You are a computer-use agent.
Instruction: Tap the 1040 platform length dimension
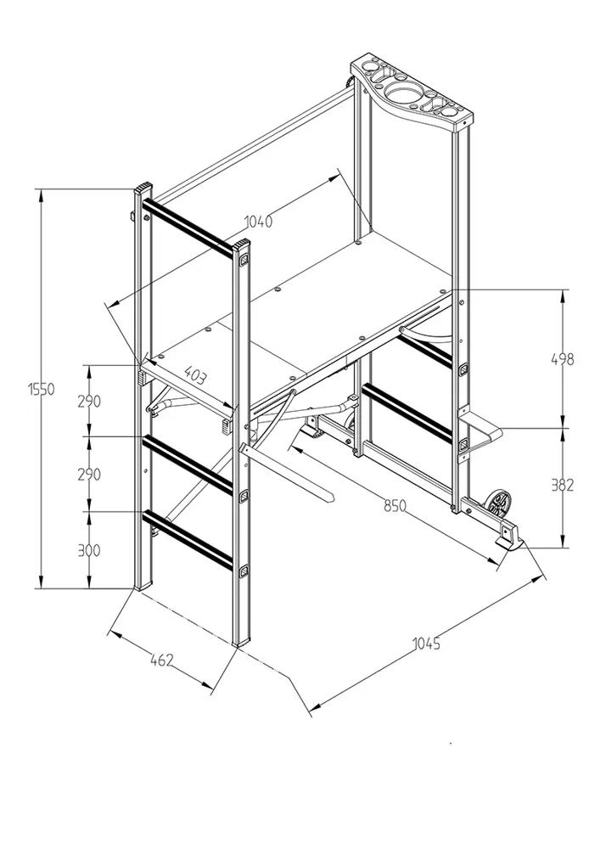[259, 222]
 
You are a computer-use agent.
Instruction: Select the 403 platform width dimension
[194, 374]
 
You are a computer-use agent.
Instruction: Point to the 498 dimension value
[562, 358]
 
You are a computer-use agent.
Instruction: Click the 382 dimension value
[562, 485]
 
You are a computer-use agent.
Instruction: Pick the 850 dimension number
[395, 506]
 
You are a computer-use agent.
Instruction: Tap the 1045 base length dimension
[427, 644]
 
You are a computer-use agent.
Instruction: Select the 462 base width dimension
[162, 660]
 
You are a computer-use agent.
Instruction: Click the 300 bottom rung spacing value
[89, 550]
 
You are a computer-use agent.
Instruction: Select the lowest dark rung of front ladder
[188, 541]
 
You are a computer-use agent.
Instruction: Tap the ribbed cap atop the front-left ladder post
[143, 189]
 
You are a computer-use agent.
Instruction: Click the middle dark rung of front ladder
[188, 465]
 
